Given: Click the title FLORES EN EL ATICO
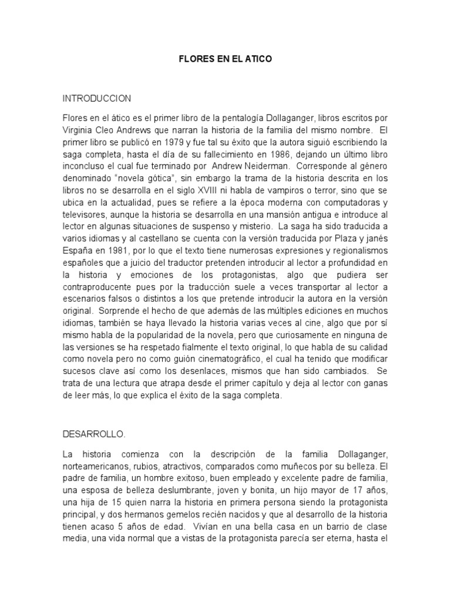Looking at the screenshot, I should coord(225,60).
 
